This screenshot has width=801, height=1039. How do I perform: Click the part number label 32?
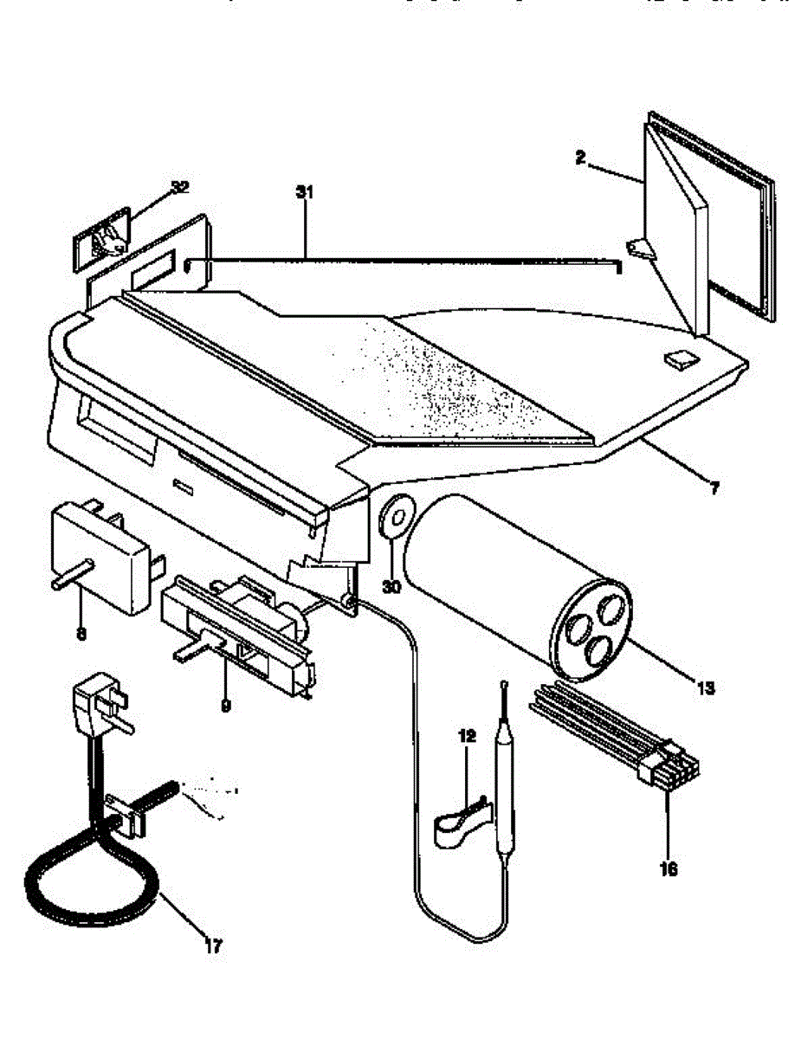click(x=179, y=187)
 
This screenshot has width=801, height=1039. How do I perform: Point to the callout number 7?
click(x=714, y=487)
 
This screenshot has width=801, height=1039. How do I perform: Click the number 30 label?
click(x=391, y=586)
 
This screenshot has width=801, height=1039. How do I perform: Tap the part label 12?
click(x=468, y=736)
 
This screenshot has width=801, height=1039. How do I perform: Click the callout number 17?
click(x=213, y=946)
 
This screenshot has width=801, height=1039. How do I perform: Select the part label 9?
click(x=226, y=706)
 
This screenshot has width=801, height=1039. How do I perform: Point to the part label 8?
click(x=81, y=634)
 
